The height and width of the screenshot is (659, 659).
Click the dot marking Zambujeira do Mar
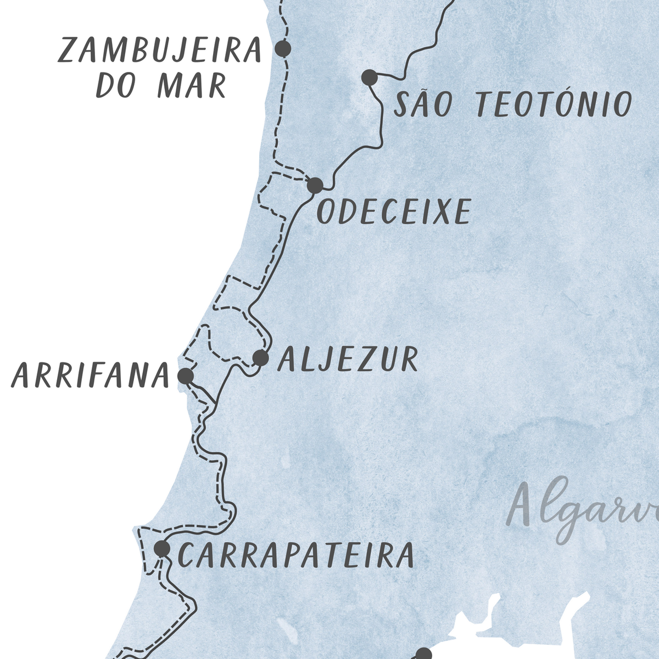pyautogui.click(x=283, y=48)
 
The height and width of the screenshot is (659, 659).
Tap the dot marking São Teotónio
pyautogui.click(x=370, y=77)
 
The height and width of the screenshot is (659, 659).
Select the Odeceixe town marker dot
pyautogui.click(x=315, y=185)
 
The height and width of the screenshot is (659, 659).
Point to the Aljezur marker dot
pyautogui.click(x=261, y=358)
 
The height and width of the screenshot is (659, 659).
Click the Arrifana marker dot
pyautogui.click(x=186, y=376)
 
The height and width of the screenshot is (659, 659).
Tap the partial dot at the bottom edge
pyautogui.click(x=423, y=654)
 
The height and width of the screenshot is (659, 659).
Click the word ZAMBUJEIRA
pyautogui.click(x=159, y=51)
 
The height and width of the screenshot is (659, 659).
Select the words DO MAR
pyautogui.click(x=160, y=86)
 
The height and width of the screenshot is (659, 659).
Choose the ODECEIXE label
pyautogui.click(x=394, y=211)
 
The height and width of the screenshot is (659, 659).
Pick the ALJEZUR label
pyautogui.click(x=348, y=359)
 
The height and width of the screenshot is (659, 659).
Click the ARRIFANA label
pyautogui.click(x=90, y=377)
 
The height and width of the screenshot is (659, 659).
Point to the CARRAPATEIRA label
pyautogui.click(x=295, y=555)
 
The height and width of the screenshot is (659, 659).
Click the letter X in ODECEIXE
pyautogui.click(x=440, y=211)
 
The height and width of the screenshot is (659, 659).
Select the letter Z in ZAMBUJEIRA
pyautogui.click(x=68, y=51)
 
